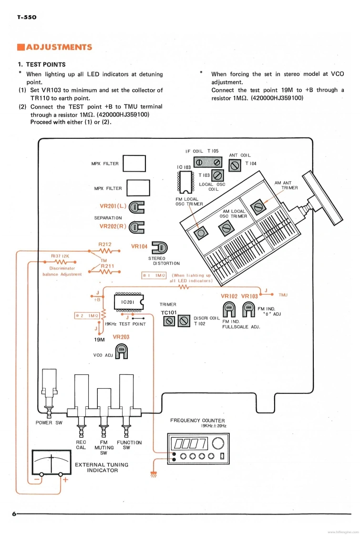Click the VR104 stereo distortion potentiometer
[159, 247]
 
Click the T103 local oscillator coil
[218, 175]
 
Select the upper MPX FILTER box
[134, 164]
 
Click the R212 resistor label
[104, 244]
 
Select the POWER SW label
[49, 423]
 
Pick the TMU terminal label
[283, 295]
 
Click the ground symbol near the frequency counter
[154, 473]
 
